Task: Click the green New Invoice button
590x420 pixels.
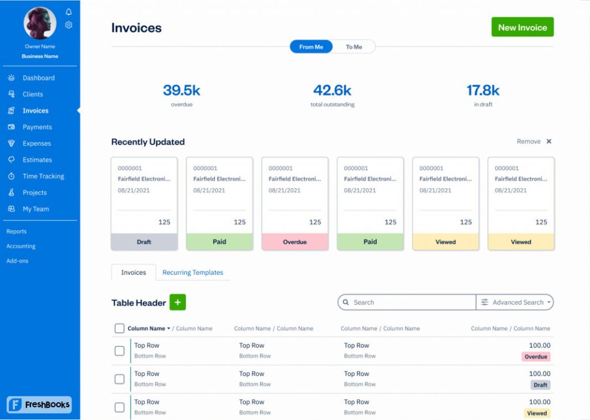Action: [x=522, y=27]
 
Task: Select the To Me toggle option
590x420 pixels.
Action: [x=354, y=47]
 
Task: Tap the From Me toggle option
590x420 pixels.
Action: [x=311, y=47]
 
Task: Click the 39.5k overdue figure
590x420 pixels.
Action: [x=181, y=90]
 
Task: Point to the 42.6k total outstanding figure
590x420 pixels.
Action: [x=332, y=90]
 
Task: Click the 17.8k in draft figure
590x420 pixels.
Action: [x=483, y=90]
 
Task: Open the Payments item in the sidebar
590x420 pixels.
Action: [x=37, y=127]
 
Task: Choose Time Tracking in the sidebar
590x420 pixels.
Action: [x=43, y=176]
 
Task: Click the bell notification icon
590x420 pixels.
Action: [x=69, y=12]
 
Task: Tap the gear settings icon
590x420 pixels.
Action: [x=69, y=25]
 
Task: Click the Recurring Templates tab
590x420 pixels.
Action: [x=192, y=273]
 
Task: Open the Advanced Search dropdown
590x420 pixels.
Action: [x=515, y=302]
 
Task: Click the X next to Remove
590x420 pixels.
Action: [x=549, y=141]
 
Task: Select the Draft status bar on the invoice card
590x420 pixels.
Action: [x=144, y=242]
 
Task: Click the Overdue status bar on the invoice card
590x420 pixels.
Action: [x=295, y=242]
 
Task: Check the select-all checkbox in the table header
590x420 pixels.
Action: [x=119, y=328]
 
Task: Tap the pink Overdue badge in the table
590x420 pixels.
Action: [x=536, y=357]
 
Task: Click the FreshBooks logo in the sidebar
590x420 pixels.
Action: [x=39, y=404]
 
